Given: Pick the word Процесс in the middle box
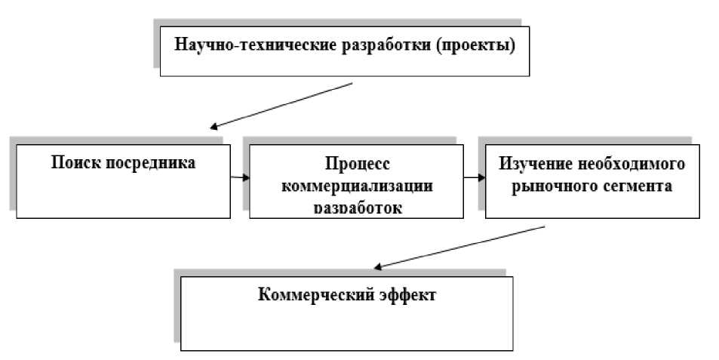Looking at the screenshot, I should click(356, 164).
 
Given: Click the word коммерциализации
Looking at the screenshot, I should click(356, 186).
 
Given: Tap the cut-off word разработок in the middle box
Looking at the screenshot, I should click(356, 206).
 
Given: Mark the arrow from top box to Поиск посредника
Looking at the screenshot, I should click(282, 105).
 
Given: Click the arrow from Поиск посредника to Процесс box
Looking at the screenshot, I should click(240, 177).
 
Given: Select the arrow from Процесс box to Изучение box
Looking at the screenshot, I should click(475, 178).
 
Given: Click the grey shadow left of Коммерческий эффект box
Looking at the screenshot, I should click(177, 309).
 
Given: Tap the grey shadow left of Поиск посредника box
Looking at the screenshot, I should click(12, 177).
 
